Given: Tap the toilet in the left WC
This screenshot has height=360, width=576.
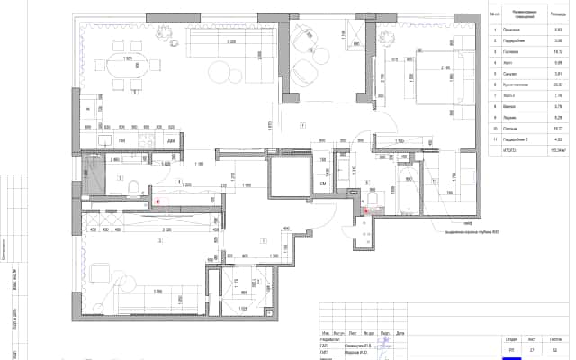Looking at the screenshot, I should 132,187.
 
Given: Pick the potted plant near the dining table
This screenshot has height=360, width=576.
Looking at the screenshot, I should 95,36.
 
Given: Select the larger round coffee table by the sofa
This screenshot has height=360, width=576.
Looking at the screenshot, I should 220,71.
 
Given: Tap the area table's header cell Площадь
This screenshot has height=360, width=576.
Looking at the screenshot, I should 557,14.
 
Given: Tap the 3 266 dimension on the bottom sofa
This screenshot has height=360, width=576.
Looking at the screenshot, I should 157,292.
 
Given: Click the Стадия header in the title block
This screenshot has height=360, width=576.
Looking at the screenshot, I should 513,332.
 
